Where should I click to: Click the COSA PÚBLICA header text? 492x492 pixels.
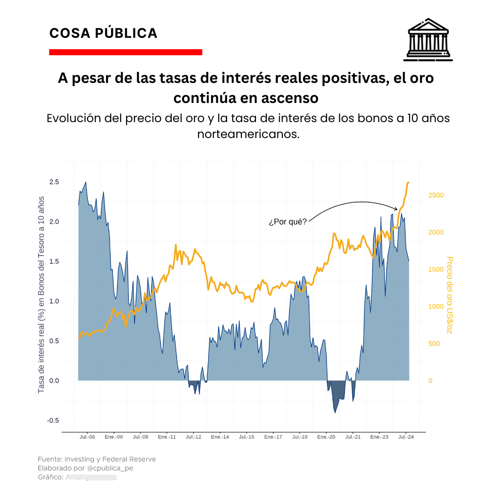(x=103, y=33)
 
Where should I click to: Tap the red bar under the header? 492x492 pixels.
(x=125, y=52)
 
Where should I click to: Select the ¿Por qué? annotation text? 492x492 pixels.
(x=287, y=222)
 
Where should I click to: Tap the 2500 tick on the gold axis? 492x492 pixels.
(x=436, y=195)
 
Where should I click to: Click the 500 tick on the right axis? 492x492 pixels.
(x=434, y=343)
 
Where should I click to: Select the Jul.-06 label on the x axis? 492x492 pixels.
(x=87, y=437)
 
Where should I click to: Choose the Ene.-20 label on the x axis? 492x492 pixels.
(x=326, y=437)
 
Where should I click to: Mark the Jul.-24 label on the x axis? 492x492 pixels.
(x=406, y=437)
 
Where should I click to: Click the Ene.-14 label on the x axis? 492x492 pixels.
(x=220, y=437)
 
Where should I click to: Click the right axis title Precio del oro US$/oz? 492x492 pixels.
(x=450, y=295)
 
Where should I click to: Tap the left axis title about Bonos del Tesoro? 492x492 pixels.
(x=41, y=295)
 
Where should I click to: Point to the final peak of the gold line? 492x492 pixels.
(x=408, y=182)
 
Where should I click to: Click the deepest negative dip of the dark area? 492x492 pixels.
(x=335, y=413)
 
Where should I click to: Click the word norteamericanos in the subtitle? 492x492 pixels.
(x=248, y=135)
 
